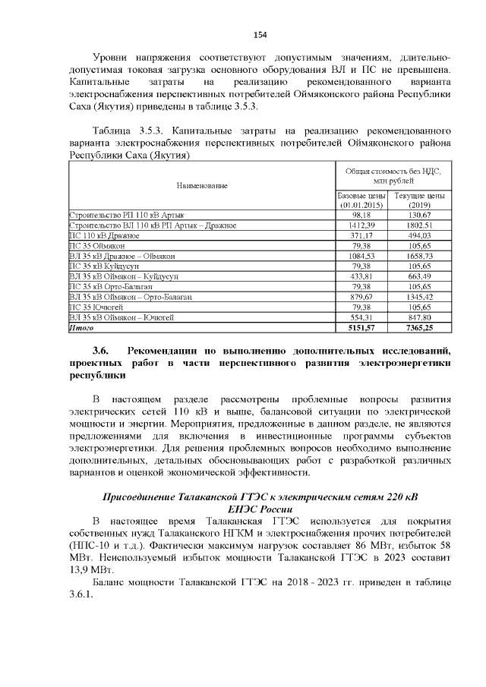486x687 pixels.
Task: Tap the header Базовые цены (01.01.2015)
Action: click(x=362, y=200)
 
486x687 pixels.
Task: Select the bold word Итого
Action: click(x=80, y=328)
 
